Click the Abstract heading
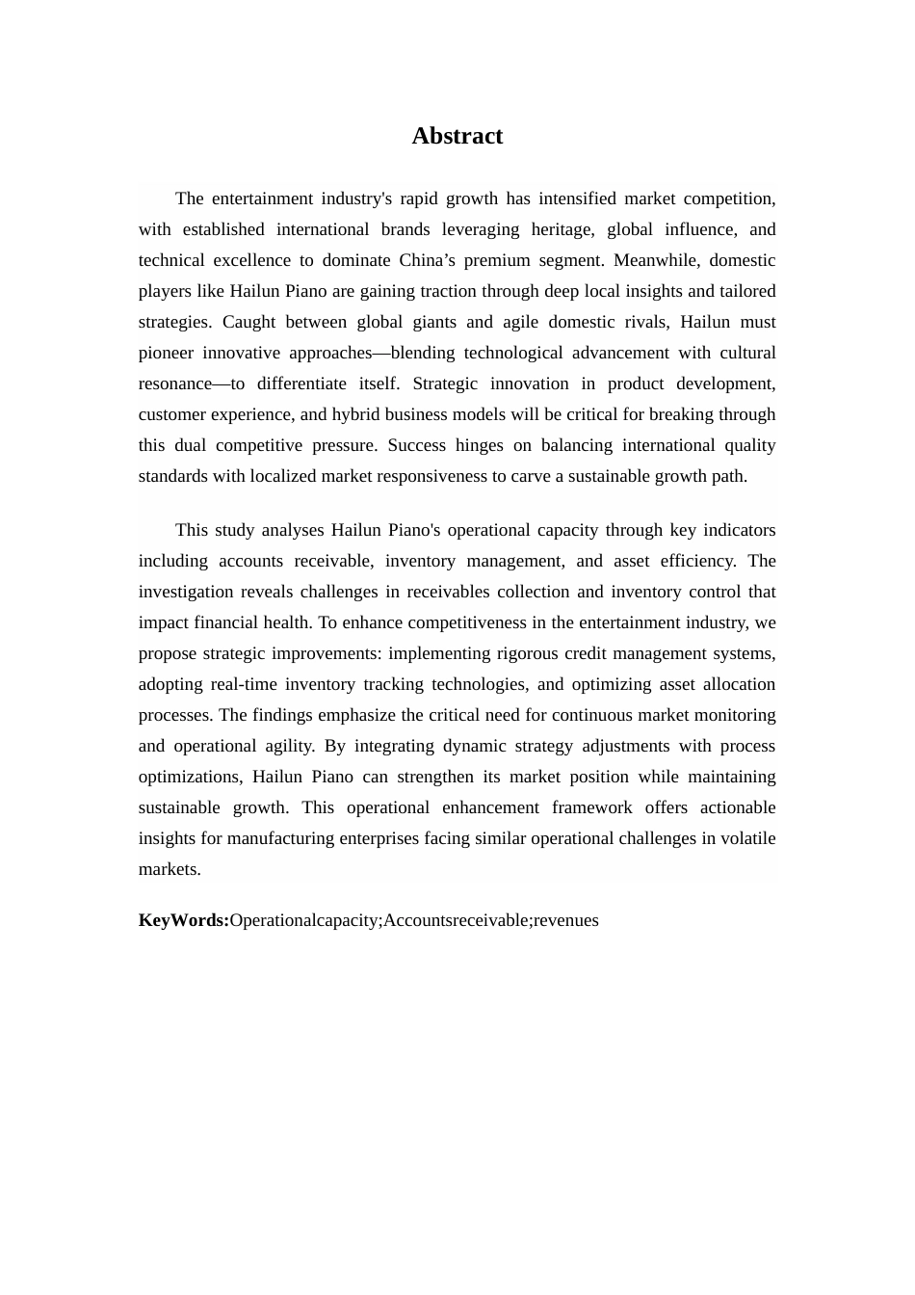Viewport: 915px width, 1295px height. click(457, 136)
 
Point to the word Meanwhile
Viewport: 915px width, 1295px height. click(654, 260)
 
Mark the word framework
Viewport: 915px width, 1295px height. click(592, 807)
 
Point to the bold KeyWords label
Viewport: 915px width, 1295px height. click(184, 920)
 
